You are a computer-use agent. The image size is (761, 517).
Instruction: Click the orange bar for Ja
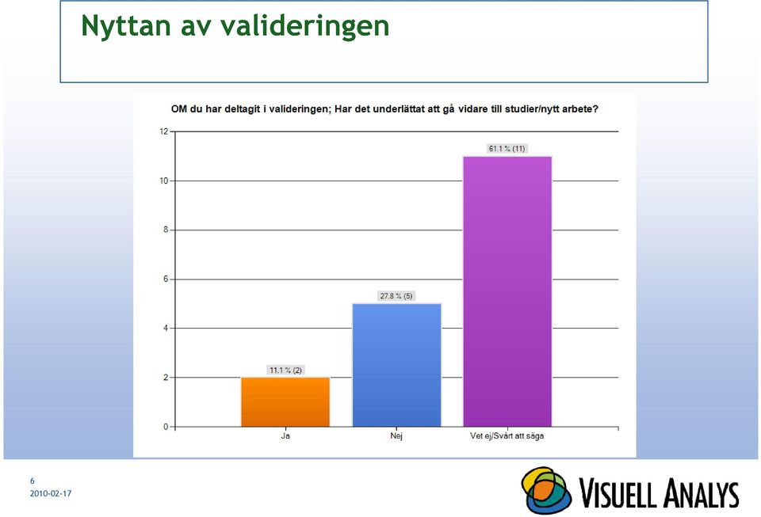coord(285,401)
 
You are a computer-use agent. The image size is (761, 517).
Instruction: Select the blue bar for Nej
coord(396,365)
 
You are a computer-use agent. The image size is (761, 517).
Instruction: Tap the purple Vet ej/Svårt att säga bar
coord(507,291)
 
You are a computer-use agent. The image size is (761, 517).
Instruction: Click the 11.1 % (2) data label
coord(285,371)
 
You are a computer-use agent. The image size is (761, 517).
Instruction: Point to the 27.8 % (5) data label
coord(396,296)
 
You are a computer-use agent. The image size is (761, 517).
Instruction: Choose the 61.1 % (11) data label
coord(507,149)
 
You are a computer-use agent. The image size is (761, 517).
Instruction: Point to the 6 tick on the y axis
coord(166,279)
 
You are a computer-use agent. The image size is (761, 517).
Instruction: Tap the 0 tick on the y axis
coord(166,427)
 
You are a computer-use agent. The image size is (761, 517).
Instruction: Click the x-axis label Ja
coord(285,436)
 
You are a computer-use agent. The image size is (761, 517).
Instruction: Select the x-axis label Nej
coord(396,436)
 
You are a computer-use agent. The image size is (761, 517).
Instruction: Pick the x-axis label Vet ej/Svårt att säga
coord(507,436)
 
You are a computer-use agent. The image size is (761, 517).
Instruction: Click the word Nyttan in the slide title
coord(126,26)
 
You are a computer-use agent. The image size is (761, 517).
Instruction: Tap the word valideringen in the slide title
coord(304,26)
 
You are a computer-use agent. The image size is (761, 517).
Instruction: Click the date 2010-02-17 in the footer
coord(51,494)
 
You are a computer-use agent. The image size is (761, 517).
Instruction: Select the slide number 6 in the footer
coord(33,481)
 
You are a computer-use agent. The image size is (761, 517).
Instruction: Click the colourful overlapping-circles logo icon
coord(546,490)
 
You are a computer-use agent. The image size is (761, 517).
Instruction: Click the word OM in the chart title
coord(178,109)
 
